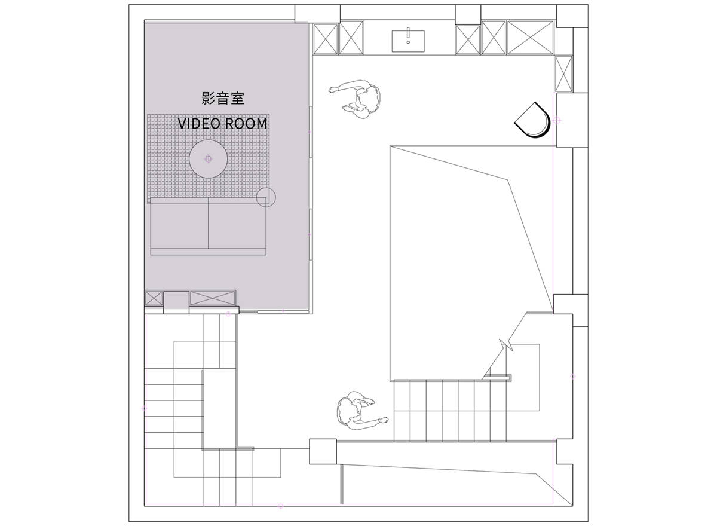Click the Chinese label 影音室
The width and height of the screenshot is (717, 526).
[x=223, y=98]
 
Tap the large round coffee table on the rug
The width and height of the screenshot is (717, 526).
[x=209, y=159]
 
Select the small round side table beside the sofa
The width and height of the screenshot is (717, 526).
[x=266, y=197]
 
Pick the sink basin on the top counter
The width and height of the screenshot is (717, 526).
[x=408, y=41]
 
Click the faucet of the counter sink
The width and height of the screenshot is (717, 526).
[x=408, y=35]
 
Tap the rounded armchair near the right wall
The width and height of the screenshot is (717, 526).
[x=532, y=121]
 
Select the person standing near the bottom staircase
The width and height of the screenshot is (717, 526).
[x=360, y=411]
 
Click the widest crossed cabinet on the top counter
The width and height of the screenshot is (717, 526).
[x=531, y=38]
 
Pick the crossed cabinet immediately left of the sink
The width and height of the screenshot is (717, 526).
[x=351, y=38]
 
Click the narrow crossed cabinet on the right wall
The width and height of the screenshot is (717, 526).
[x=563, y=74]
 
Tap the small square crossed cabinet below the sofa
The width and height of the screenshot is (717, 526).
[x=154, y=298]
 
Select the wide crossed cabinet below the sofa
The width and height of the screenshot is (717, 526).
[x=213, y=298]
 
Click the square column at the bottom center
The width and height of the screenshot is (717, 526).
[x=323, y=451]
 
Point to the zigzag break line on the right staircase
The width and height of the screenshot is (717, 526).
[x=506, y=345]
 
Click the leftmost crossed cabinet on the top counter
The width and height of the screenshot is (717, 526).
[x=326, y=39]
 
